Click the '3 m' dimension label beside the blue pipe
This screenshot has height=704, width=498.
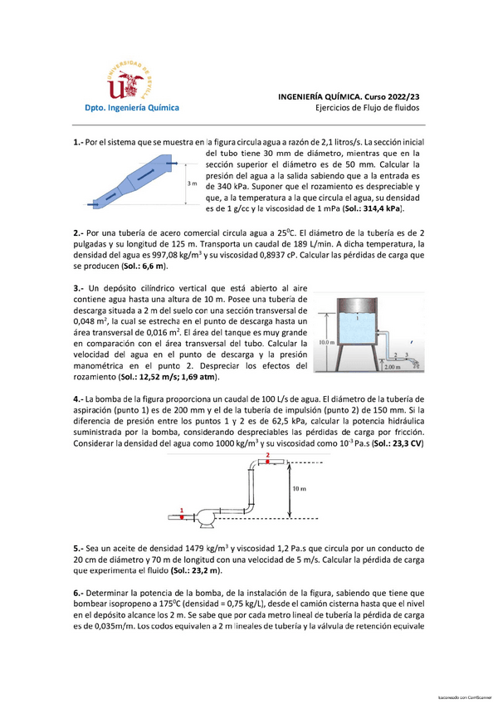pyautogui.click(x=193, y=183)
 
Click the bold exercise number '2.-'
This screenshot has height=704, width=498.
pyautogui.click(x=80, y=233)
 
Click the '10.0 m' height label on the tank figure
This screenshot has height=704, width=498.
pyautogui.click(x=325, y=341)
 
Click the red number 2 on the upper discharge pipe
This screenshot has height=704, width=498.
pyautogui.click(x=267, y=456)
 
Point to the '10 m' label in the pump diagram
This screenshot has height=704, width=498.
pyautogui.click(x=300, y=489)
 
